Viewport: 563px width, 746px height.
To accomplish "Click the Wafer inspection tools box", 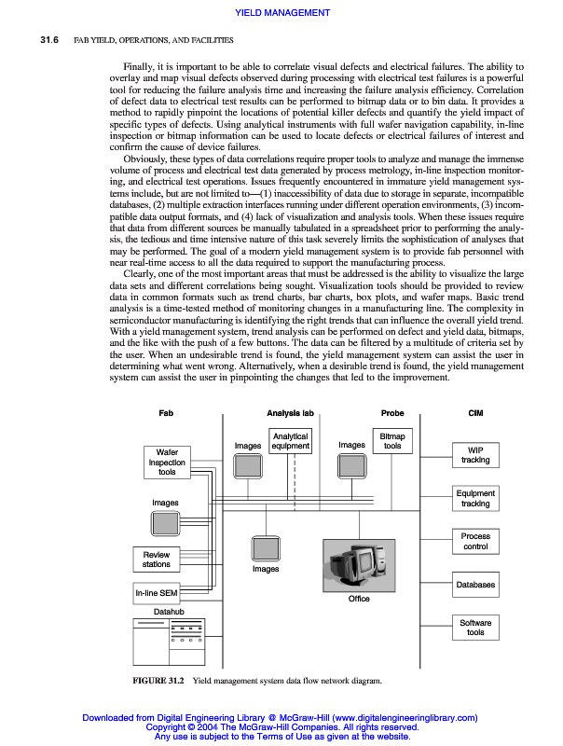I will click(x=167, y=462).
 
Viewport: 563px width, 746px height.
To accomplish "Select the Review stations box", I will click(x=157, y=559).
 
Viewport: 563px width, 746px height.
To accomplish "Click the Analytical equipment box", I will click(x=290, y=441).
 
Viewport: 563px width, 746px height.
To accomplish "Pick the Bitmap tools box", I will click(x=392, y=441).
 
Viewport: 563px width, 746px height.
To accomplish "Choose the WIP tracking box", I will click(x=474, y=454).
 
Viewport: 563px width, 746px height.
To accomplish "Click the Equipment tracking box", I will click(x=474, y=498).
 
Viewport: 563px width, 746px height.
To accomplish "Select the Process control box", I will click(x=474, y=541).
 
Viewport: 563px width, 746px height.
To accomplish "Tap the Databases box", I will click(x=474, y=585).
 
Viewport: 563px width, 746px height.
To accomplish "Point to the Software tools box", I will click(x=474, y=628).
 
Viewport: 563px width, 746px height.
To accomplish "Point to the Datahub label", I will click(x=168, y=612).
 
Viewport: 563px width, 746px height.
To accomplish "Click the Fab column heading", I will click(x=167, y=412).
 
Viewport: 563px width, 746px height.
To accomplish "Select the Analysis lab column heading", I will click(x=290, y=412).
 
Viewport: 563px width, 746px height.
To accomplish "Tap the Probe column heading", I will click(x=392, y=412).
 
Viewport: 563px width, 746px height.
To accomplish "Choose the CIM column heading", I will click(x=474, y=412).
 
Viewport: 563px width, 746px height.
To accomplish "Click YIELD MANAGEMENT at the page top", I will click(x=281, y=12).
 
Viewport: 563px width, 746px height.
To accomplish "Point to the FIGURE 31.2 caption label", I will click(x=159, y=681).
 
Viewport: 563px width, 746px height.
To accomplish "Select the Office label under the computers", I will click(x=359, y=599).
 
